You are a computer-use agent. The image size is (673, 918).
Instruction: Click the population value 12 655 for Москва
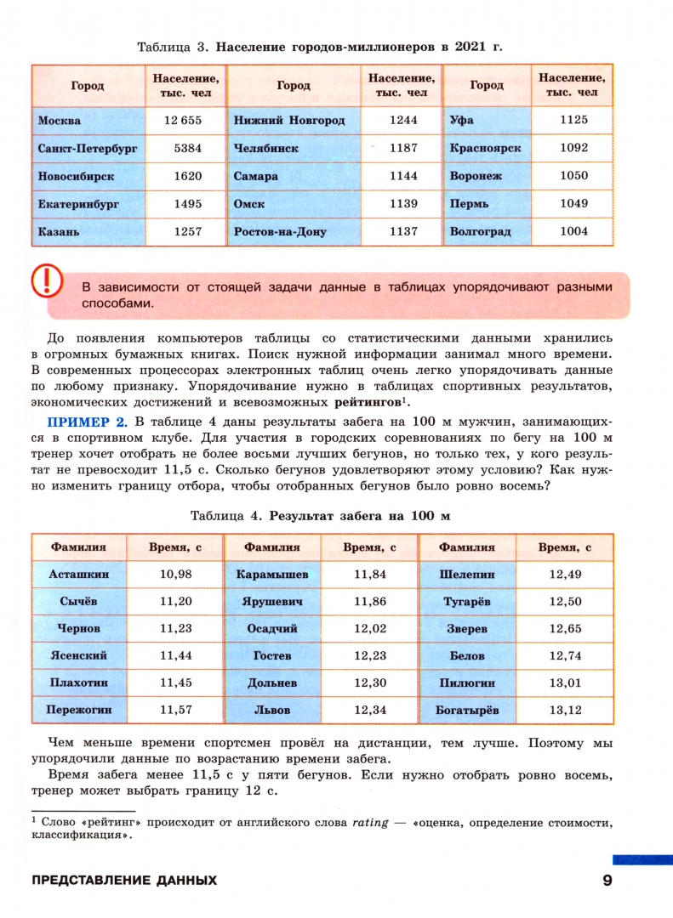tap(187, 121)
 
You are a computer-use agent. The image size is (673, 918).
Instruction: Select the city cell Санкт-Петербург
tap(88, 148)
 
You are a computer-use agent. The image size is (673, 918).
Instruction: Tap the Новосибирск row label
tap(76, 177)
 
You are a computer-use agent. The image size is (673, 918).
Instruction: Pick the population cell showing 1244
tap(403, 121)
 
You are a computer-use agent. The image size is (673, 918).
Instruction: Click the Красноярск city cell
tap(485, 148)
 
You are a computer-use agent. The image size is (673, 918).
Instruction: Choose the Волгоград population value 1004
tap(574, 231)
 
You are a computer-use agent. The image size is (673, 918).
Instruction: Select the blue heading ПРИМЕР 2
tap(87, 422)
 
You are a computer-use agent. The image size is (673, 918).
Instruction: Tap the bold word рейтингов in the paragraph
tap(368, 403)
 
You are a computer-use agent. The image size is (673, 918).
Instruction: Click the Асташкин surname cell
tap(79, 574)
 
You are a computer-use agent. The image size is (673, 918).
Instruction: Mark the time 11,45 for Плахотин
tap(176, 683)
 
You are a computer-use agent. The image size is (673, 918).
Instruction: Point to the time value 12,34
tap(370, 710)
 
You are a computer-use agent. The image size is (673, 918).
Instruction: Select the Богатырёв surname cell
tap(467, 710)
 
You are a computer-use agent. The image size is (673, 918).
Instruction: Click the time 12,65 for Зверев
tap(566, 629)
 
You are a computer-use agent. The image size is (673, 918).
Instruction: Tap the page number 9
tap(607, 881)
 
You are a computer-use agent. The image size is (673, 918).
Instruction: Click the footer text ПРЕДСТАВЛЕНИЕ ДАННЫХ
tap(124, 881)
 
